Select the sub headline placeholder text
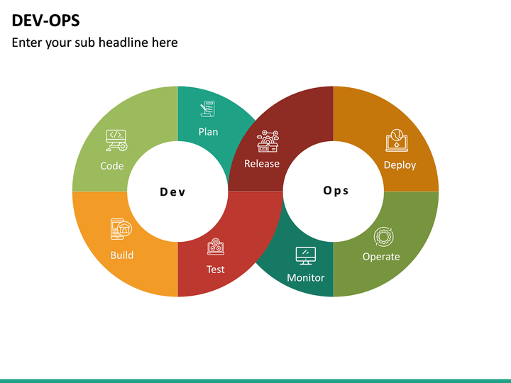tap(94, 43)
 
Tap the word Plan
tap(208, 131)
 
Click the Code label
tap(112, 166)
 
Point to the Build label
tap(122, 255)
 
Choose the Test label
tap(216, 269)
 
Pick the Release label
tap(262, 163)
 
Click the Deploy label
tap(400, 165)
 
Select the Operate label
tap(381, 256)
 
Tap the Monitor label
tap(305, 277)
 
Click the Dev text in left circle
tap(172, 191)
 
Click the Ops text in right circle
tap(336, 190)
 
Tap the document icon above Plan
tap(208, 109)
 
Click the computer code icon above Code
tap(116, 140)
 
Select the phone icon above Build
tap(121, 229)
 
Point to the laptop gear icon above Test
tap(216, 246)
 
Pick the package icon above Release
tap(268, 141)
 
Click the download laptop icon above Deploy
tap(396, 140)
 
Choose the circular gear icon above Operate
tap(384, 235)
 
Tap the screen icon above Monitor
tap(305, 255)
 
